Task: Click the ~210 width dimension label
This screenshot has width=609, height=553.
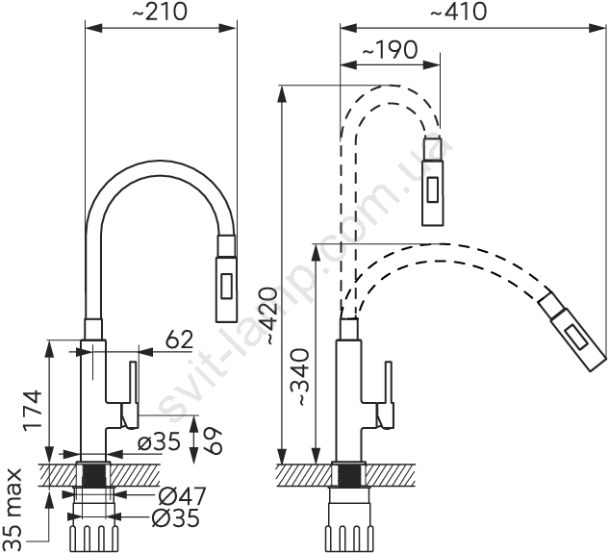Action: (160, 13)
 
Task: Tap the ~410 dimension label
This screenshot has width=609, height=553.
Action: (459, 13)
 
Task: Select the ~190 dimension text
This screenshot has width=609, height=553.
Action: (390, 50)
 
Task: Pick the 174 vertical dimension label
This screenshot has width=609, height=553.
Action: (32, 411)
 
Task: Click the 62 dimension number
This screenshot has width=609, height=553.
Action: (179, 339)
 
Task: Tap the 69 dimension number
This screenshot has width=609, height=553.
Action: (213, 441)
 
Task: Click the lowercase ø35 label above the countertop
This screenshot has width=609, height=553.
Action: (160, 441)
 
